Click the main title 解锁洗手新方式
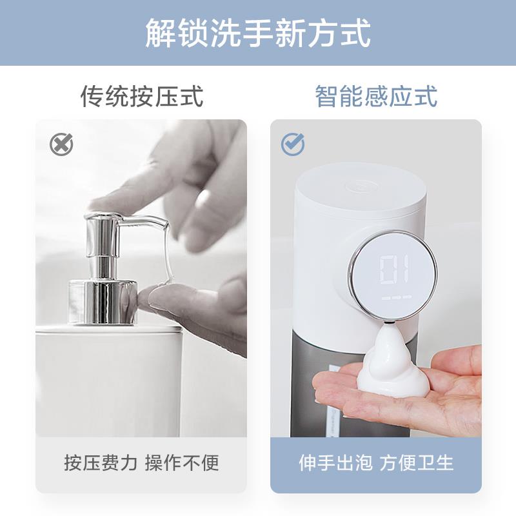(x=258, y=32)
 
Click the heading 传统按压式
(x=142, y=97)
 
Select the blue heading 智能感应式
(x=376, y=97)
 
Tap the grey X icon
(x=61, y=144)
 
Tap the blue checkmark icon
(x=293, y=144)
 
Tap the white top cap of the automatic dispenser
(x=361, y=193)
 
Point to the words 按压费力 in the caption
(x=101, y=462)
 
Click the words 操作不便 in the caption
(x=182, y=462)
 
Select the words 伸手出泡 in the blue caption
(x=336, y=462)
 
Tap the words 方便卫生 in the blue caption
(x=417, y=462)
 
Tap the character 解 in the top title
(x=159, y=32)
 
